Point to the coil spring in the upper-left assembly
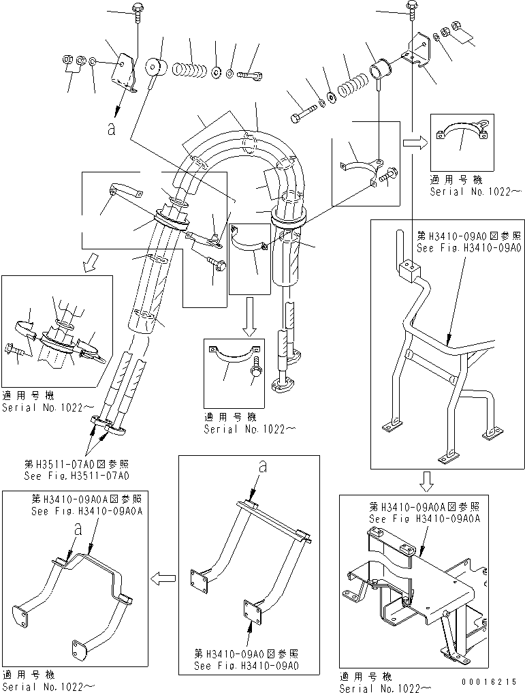pos(189,68)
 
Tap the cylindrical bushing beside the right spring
pos(379,70)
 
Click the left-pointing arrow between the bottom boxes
pos(161,579)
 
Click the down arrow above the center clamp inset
pos(249,320)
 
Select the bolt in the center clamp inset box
pos(257,368)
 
